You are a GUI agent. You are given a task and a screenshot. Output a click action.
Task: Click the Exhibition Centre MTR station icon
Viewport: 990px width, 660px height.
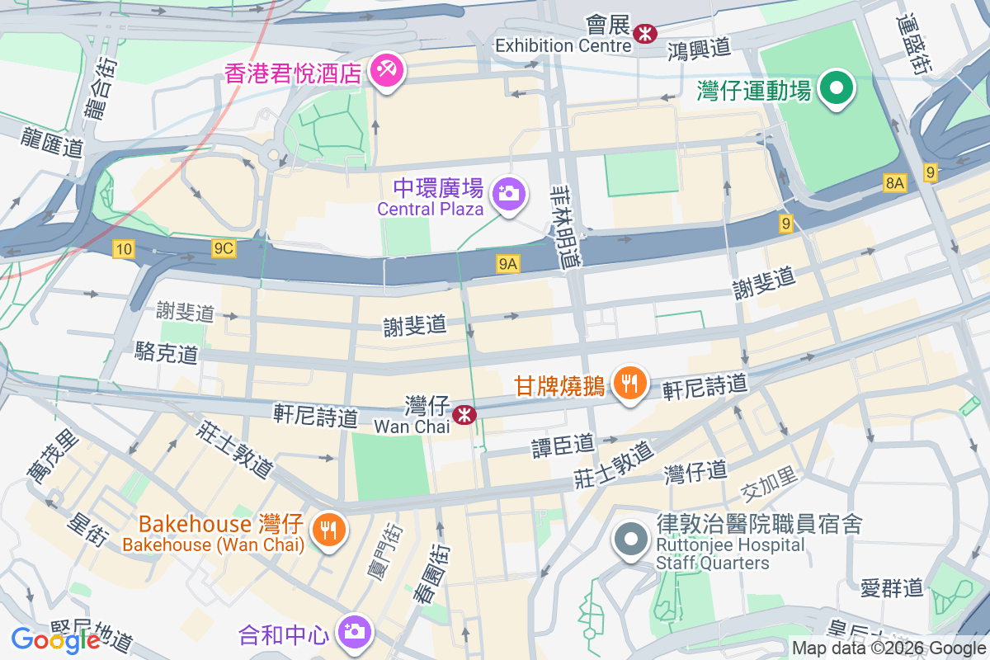(x=645, y=32)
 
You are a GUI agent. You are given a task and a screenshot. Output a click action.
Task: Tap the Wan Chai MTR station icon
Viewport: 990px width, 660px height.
(x=465, y=412)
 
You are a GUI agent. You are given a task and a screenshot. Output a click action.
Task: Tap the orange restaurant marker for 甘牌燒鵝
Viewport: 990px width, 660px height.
(x=629, y=383)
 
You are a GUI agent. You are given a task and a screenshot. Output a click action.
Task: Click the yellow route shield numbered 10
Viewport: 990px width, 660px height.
(x=124, y=249)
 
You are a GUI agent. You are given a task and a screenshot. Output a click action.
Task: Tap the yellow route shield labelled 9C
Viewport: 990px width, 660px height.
(x=224, y=248)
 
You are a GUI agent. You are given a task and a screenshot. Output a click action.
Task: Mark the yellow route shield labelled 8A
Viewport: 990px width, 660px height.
(x=893, y=183)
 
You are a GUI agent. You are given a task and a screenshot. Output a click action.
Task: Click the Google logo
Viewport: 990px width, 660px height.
(x=55, y=639)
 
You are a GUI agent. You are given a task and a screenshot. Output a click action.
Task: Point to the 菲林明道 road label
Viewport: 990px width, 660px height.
(x=566, y=224)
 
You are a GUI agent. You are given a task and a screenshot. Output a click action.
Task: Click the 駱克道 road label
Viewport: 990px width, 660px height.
(x=167, y=354)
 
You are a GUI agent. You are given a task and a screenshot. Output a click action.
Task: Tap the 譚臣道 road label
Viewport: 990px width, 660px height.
(x=563, y=445)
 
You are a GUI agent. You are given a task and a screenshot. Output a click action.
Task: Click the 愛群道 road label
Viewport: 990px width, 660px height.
(x=891, y=587)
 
